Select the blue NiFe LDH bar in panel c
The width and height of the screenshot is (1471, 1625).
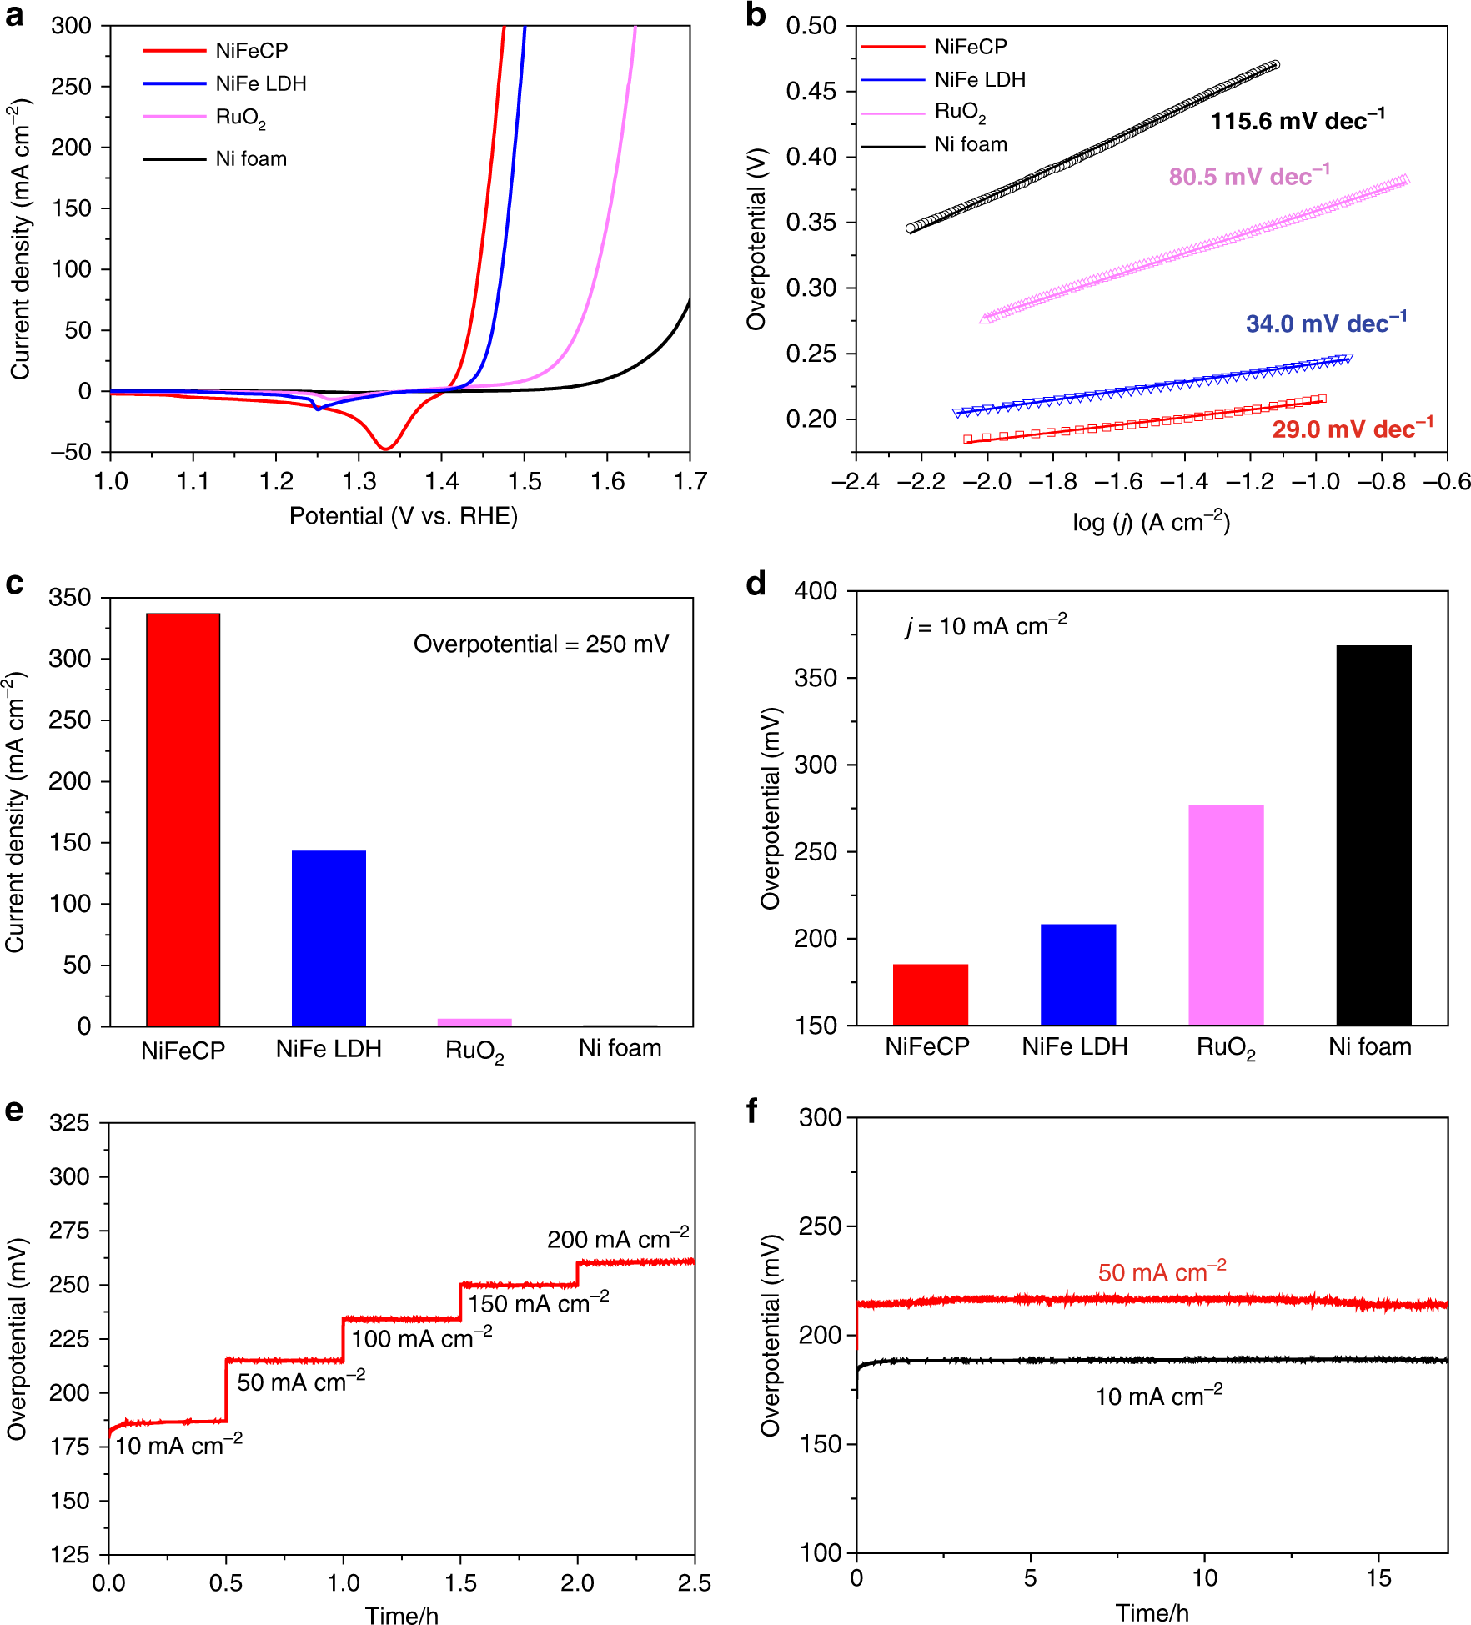coord(329,938)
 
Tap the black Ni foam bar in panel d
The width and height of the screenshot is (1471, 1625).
coord(1373,835)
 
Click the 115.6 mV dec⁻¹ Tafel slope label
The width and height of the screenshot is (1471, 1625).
coord(1297,121)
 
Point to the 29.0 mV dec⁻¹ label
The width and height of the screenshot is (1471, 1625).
coord(1352,429)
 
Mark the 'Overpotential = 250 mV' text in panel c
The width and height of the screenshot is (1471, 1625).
coord(541,644)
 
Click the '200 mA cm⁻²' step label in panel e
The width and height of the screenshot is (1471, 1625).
coord(617,1239)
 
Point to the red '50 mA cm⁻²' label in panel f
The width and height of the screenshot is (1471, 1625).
coord(1162,1272)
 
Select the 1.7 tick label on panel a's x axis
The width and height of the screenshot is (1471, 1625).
coord(690,481)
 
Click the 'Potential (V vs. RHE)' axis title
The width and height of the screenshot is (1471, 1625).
coord(403,516)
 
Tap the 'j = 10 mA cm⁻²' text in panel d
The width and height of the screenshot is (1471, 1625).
coord(986,625)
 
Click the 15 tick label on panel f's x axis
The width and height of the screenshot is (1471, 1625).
coord(1378,1577)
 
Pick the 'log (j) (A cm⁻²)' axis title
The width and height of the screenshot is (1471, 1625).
coord(1151,523)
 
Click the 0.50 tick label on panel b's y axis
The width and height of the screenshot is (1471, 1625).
coord(811,26)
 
